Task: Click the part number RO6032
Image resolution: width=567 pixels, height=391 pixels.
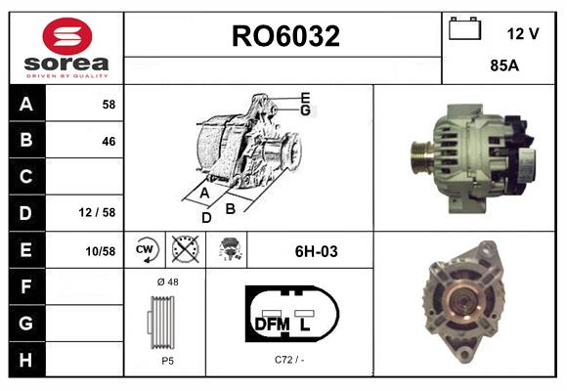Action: (284, 37)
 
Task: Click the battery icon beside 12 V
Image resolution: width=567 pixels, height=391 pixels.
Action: (464, 30)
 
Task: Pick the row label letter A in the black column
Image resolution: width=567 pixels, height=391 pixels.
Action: (25, 104)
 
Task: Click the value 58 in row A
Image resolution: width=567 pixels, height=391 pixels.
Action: (108, 104)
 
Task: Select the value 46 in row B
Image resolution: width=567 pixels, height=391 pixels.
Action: (108, 141)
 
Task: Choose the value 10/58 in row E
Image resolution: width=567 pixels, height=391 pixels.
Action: (100, 251)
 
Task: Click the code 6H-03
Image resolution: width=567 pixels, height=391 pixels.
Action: (316, 251)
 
